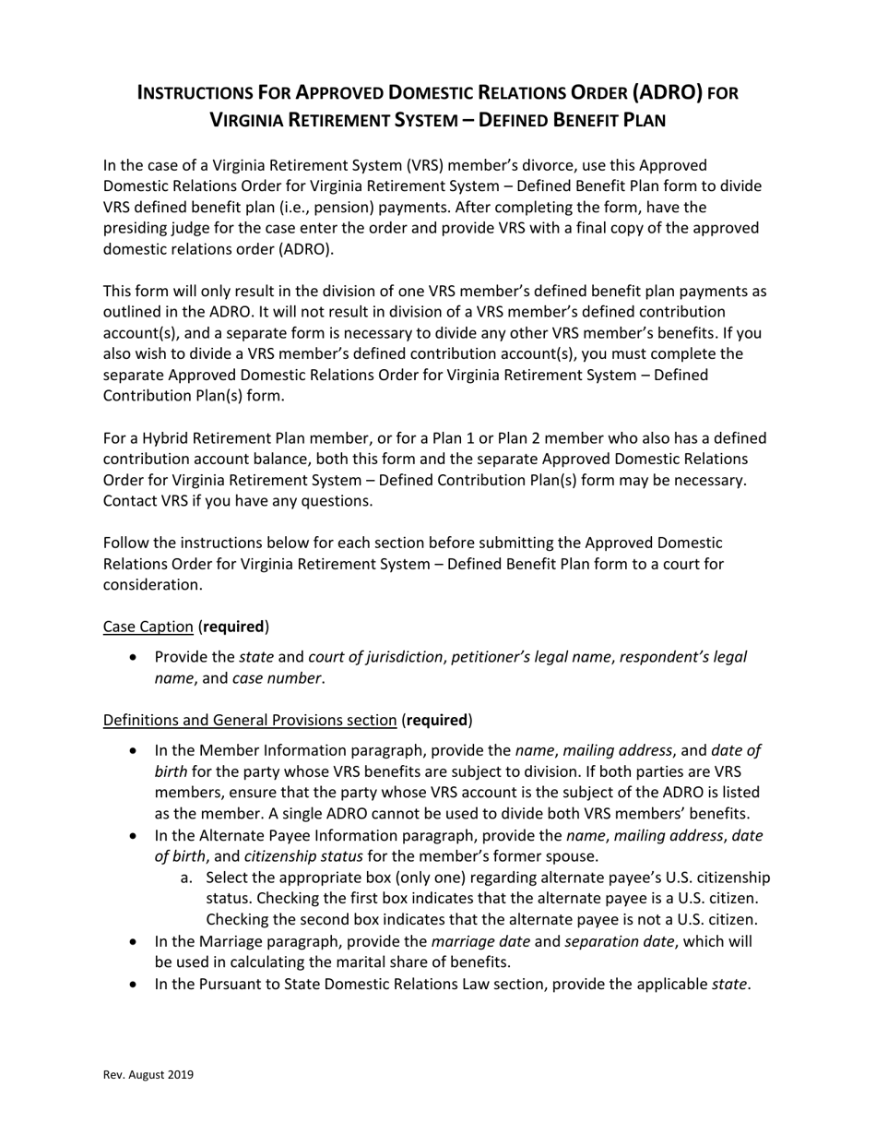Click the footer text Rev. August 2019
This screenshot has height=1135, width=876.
[148, 1074]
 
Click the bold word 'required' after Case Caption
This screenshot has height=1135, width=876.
[233, 627]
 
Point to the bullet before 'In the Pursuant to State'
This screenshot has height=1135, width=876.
[136, 985]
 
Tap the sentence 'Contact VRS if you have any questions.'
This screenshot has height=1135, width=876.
[238, 501]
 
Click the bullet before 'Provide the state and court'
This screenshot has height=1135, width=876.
[136, 658]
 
